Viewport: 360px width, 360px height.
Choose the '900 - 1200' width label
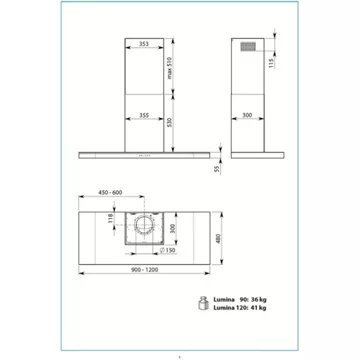click(x=143, y=272)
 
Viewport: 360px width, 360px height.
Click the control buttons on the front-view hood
click(x=142, y=154)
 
